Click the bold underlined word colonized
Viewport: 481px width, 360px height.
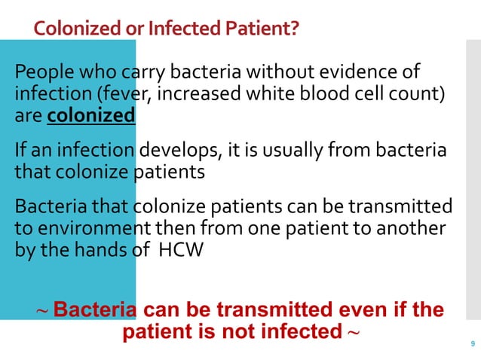point(90,117)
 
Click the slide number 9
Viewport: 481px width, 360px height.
point(472,346)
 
